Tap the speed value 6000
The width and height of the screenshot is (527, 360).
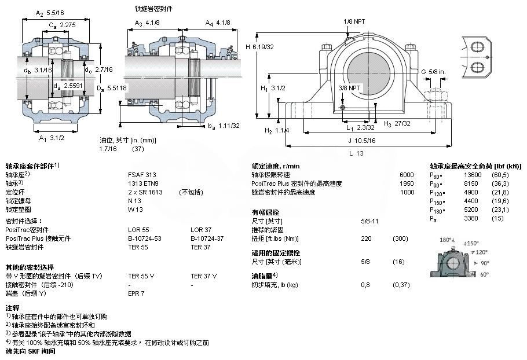pos(407,174)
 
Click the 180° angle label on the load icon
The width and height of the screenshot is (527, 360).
pos(445,240)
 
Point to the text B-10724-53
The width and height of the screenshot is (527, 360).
pos(145,238)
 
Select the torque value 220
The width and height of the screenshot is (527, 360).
pos(365,238)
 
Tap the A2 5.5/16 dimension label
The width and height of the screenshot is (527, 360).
pos(49,12)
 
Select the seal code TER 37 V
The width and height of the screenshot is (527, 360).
pos(203,276)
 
